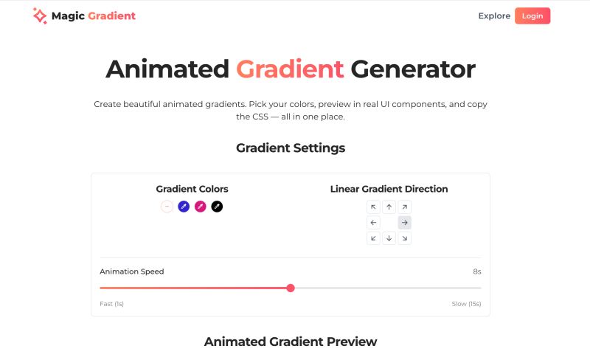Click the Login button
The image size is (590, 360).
(532, 15)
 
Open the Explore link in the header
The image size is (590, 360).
(494, 15)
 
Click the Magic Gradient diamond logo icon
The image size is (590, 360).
(40, 15)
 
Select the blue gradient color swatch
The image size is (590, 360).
(184, 207)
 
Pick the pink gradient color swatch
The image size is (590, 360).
(201, 207)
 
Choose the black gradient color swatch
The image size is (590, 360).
(217, 207)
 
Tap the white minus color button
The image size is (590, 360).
(167, 207)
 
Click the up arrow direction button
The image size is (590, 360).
(389, 207)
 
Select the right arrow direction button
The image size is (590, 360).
(405, 223)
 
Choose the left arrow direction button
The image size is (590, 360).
(374, 223)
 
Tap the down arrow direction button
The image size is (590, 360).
(389, 238)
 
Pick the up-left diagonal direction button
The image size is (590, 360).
(374, 207)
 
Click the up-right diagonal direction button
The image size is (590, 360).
(405, 207)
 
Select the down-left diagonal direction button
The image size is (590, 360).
(374, 238)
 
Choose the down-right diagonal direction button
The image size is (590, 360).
(405, 238)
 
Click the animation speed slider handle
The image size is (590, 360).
(291, 288)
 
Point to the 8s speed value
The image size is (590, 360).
(477, 271)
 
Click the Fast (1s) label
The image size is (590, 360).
(111, 304)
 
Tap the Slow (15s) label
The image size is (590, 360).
(466, 304)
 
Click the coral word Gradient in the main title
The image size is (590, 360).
(290, 69)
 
